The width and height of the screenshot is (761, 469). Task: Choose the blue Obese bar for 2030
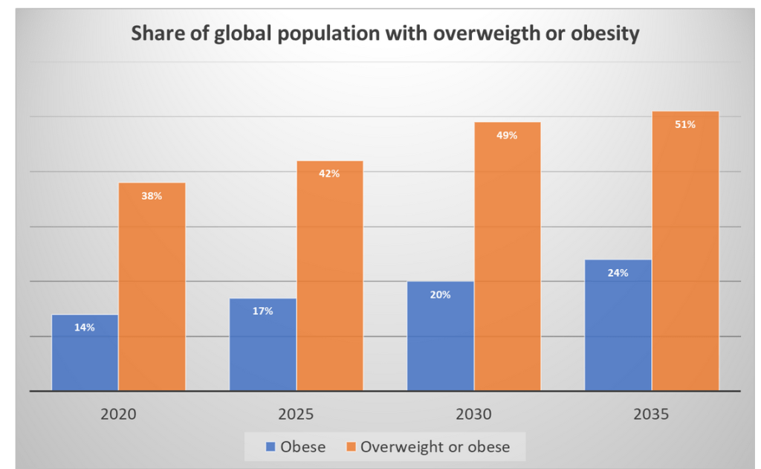point(440,338)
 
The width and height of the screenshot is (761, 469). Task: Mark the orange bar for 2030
point(508,256)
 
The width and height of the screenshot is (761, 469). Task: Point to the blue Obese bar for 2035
point(618,327)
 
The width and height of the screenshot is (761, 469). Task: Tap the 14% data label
point(85,327)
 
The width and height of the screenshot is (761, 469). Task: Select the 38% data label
point(152,196)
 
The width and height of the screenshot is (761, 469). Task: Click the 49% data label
point(508,136)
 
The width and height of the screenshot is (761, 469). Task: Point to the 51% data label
point(685,125)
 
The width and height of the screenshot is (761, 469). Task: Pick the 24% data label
point(618,273)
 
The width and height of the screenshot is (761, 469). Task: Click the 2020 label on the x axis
point(118,413)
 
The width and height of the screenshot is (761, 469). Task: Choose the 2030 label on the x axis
point(474,413)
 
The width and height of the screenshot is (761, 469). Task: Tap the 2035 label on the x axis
point(652,413)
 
